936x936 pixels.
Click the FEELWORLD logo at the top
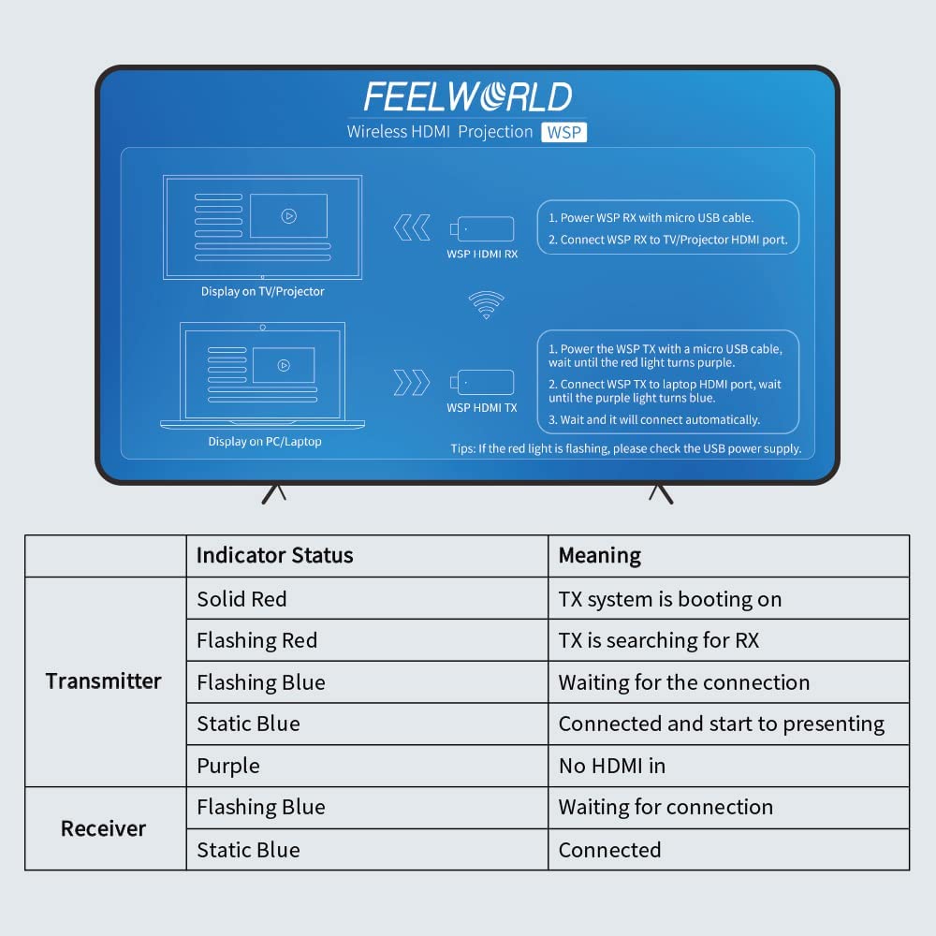(x=467, y=97)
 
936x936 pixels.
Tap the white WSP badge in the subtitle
(x=564, y=132)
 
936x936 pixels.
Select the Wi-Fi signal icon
(x=486, y=304)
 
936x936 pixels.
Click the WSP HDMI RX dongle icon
(x=483, y=228)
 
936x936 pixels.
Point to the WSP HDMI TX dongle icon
(x=483, y=382)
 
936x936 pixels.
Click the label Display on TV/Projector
(x=263, y=291)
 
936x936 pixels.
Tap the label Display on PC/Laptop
(x=265, y=441)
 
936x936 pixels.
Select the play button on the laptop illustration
(x=283, y=365)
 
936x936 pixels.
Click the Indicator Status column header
(x=274, y=555)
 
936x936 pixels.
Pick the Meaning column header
(x=599, y=555)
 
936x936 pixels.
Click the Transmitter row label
(x=104, y=681)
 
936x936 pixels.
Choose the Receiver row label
(x=104, y=828)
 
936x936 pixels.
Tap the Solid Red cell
(x=241, y=599)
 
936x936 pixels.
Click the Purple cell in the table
(x=227, y=766)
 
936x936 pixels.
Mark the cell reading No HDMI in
(x=611, y=766)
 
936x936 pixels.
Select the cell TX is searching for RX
(x=658, y=640)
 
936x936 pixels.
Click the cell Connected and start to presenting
(x=721, y=724)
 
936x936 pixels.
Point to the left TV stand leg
(x=273, y=493)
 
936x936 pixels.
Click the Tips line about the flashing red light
(x=625, y=448)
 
